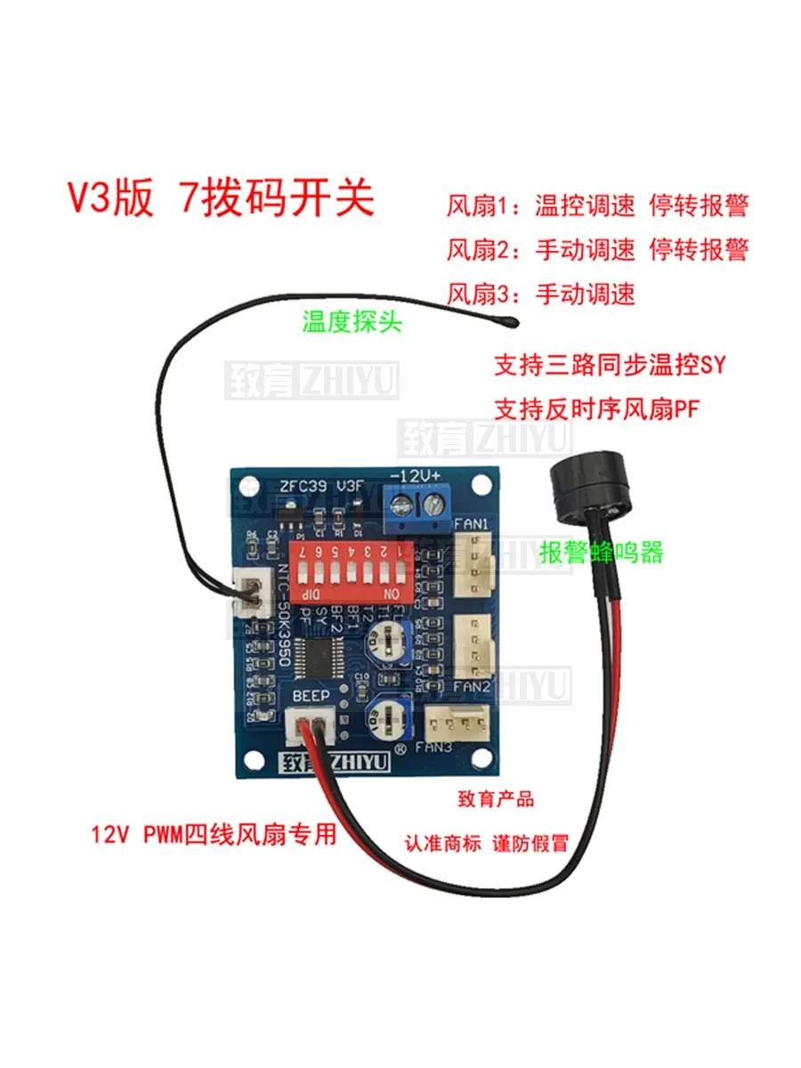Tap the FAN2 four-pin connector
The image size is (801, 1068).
pyautogui.click(x=474, y=647)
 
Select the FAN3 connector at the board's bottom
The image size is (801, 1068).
pyautogui.click(x=457, y=718)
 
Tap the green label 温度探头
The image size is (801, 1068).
pyautogui.click(x=352, y=321)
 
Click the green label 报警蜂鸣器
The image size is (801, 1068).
pyautogui.click(x=602, y=553)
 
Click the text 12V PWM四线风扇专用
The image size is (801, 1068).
pyautogui.click(x=214, y=834)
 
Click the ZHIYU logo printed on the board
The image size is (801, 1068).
pyautogui.click(x=321, y=763)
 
